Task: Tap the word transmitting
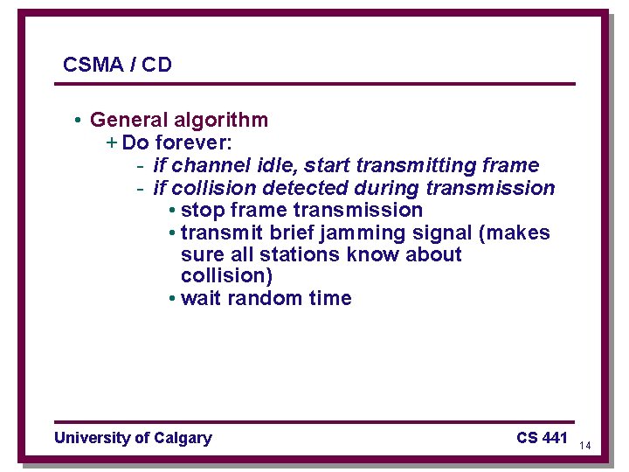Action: [x=417, y=165]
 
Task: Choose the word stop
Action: [x=203, y=211]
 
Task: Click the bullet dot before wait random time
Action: [x=172, y=299]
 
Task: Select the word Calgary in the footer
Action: [x=182, y=438]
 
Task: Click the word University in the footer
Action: [x=92, y=438]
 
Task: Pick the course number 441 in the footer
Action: [x=554, y=438]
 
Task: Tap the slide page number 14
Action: [x=585, y=446]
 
